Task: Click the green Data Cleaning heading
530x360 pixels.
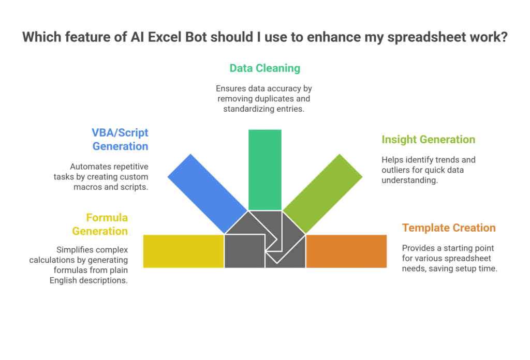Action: click(x=264, y=68)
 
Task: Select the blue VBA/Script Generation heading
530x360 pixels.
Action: click(x=120, y=139)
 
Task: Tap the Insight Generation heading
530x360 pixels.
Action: click(x=428, y=139)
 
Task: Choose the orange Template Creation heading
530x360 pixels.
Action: click(x=449, y=228)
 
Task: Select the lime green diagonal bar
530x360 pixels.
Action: click(x=322, y=192)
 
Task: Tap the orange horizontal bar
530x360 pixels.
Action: click(x=346, y=251)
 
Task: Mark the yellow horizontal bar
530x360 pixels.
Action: click(x=183, y=251)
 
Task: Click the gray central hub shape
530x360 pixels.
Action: click(x=264, y=238)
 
